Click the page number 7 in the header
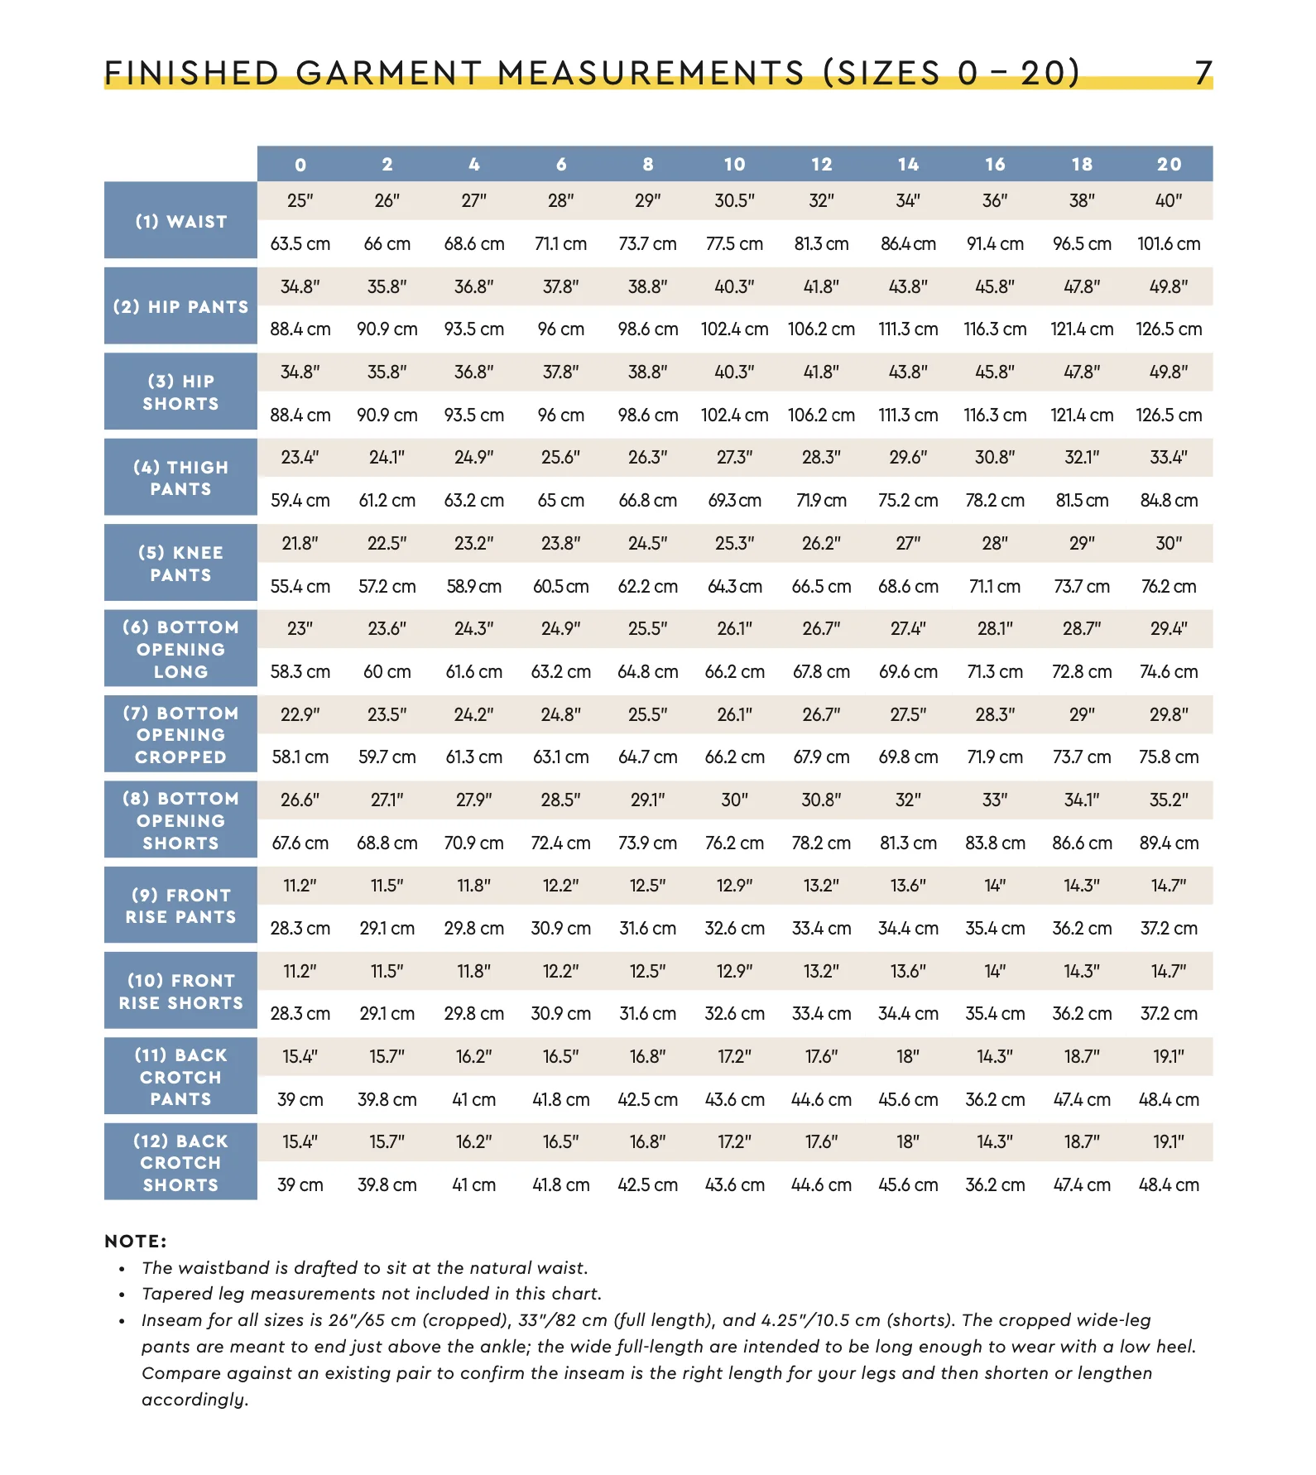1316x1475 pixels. click(x=1203, y=73)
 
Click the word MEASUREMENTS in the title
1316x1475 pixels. click(x=651, y=73)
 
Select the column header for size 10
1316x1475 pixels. click(x=734, y=164)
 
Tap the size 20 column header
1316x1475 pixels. click(x=1169, y=164)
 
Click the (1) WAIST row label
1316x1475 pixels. click(x=180, y=221)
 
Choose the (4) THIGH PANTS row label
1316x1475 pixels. click(x=180, y=478)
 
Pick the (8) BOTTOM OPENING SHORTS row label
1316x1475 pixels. click(x=180, y=820)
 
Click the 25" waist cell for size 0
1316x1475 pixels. click(x=300, y=200)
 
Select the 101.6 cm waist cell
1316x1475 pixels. click(x=1169, y=243)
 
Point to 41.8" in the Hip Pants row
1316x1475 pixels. click(x=821, y=286)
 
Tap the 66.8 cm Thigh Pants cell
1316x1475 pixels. click(x=647, y=500)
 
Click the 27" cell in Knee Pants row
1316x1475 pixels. click(x=908, y=543)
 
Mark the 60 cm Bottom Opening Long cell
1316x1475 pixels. click(x=387, y=671)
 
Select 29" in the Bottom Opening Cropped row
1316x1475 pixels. click(x=1082, y=714)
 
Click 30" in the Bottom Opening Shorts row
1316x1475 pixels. click(x=734, y=800)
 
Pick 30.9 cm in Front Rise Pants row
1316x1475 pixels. click(x=560, y=928)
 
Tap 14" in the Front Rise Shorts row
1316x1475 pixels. click(x=995, y=971)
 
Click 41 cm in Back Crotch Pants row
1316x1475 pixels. click(x=473, y=1099)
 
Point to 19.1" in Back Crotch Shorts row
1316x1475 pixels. click(x=1169, y=1141)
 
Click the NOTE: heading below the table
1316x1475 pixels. click(x=136, y=1241)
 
